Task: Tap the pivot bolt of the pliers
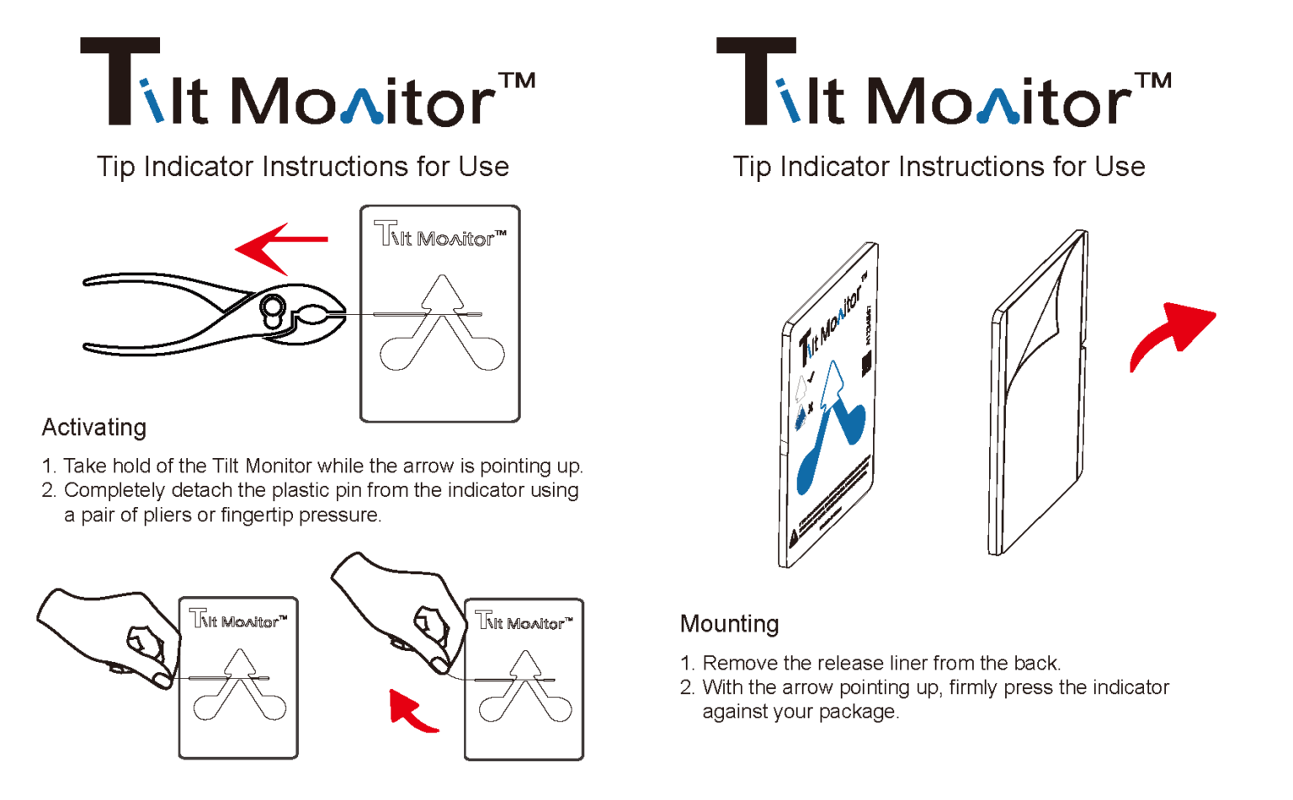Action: pyautogui.click(x=272, y=310)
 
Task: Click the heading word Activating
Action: pyautogui.click(x=93, y=428)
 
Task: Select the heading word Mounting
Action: pyautogui.click(x=729, y=624)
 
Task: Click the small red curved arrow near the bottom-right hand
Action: pyautogui.click(x=410, y=711)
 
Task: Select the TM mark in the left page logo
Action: pyautogui.click(x=516, y=81)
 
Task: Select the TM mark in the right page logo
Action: pyautogui.click(x=1152, y=81)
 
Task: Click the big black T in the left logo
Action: pyautogui.click(x=120, y=81)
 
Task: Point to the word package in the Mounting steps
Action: pyautogui.click(x=861, y=712)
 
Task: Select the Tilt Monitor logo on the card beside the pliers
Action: pyautogui.click(x=440, y=236)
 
